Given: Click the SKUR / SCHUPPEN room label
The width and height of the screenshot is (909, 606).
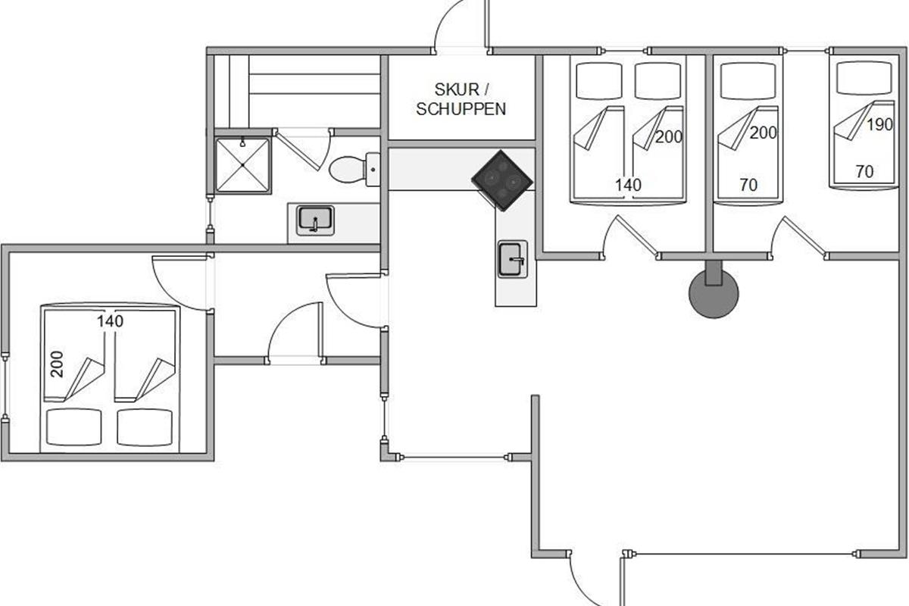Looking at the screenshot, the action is tap(461, 99).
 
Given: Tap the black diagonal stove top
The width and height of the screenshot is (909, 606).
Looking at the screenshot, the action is tap(502, 180).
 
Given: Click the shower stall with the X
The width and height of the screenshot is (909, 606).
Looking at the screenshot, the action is tap(242, 165).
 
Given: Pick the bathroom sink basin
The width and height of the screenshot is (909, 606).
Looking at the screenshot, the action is tap(315, 220).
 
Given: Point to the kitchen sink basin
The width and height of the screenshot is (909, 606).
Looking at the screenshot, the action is tap(513, 259).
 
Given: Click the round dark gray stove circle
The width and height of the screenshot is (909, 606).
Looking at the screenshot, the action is tap(714, 294).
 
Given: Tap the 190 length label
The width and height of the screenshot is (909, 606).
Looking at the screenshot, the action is tap(879, 125).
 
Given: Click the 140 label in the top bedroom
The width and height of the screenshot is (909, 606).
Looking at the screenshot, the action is tap(628, 185).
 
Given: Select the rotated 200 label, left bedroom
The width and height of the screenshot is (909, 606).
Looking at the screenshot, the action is tap(58, 364).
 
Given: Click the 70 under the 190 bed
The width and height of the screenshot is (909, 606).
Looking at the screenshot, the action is tap(864, 172).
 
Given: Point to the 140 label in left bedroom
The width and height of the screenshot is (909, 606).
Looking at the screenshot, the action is tap(110, 321).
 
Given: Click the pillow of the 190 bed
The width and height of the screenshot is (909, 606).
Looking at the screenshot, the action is tap(864, 77).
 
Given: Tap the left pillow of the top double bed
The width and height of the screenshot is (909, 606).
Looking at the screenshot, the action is tap(599, 81).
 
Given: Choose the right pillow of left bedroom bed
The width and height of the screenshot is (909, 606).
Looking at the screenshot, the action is tap(145, 427).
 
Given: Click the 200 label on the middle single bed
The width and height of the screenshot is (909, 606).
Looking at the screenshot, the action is tap(763, 133).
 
